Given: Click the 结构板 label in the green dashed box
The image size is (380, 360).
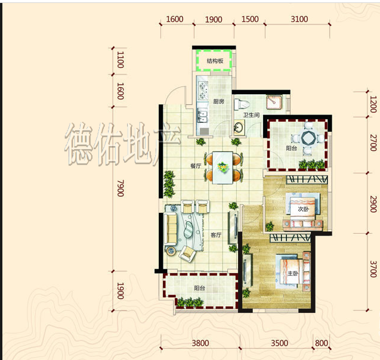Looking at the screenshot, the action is tap(215, 61).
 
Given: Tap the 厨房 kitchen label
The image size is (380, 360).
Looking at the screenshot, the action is tap(218, 101).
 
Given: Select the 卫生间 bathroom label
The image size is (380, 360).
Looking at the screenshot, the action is tap(251, 115).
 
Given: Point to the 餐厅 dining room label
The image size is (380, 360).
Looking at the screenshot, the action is tap(196, 166).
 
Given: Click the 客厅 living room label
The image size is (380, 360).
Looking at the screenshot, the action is tap(216, 235).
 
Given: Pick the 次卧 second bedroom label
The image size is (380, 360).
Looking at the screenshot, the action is tap(303, 209).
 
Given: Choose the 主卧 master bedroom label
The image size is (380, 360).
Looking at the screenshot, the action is tap(293, 274).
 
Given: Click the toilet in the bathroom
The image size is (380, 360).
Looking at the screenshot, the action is tap(242, 104).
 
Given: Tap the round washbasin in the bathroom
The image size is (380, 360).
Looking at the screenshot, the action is tap(239, 126).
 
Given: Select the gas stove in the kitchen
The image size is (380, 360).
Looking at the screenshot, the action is tap(203, 91).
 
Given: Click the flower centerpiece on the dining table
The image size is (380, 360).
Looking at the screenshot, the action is tap(223, 167).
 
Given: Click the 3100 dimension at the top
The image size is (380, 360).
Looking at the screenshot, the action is tap(299, 19).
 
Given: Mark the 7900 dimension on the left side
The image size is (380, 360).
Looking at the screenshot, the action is tap(121, 188).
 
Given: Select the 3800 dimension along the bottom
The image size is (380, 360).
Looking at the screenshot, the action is tap(200, 343).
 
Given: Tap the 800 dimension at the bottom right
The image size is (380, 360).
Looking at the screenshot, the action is tap(322, 343).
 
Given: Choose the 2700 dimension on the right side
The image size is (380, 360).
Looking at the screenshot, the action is tap(373, 142).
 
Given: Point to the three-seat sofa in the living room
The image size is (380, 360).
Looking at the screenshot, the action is tap(171, 229).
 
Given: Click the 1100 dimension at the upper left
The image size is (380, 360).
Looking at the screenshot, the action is tap(121, 60).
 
